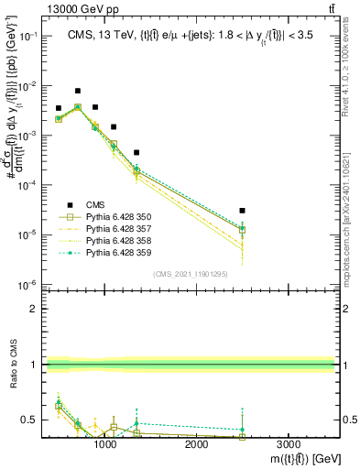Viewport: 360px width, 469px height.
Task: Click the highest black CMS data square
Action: tap(78, 91)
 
